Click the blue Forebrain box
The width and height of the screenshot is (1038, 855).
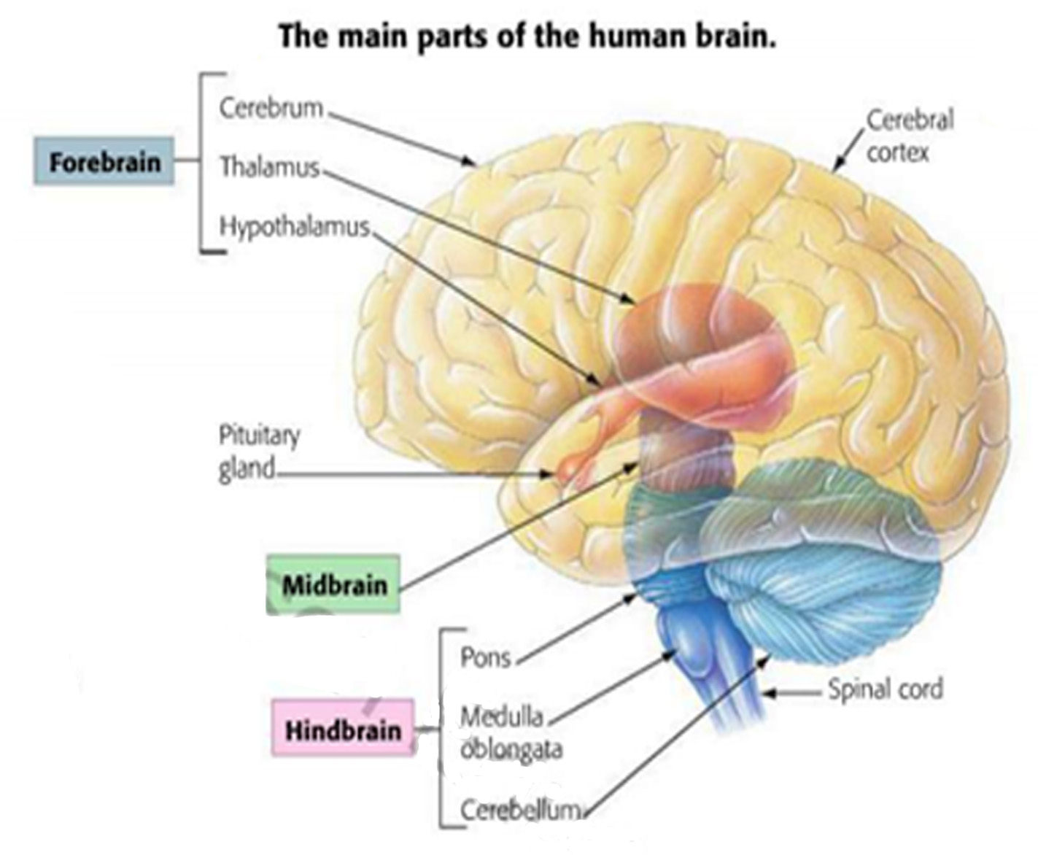coord(104,161)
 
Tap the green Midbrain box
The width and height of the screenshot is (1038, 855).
coord(333,584)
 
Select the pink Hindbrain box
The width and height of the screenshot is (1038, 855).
coord(343,729)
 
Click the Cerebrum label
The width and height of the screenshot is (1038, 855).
coord(271,108)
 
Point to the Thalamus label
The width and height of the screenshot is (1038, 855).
coord(270,167)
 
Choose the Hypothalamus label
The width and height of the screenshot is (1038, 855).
coord(295,226)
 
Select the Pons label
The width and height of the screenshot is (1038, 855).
coord(485,657)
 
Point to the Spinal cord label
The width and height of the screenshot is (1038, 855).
coord(884,689)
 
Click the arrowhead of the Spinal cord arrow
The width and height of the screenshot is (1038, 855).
coord(766,692)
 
